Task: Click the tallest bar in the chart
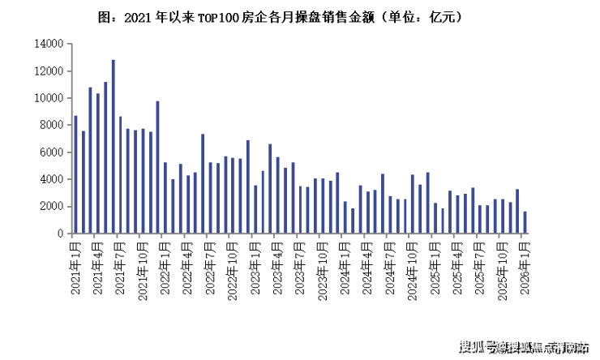click(113, 146)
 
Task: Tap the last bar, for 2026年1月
click(525, 222)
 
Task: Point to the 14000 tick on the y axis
click(49, 44)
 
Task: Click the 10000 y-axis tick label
click(49, 98)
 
